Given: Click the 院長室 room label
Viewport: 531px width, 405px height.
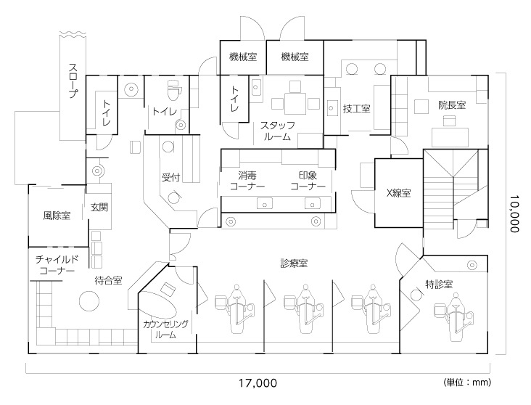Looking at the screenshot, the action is (x=452, y=105).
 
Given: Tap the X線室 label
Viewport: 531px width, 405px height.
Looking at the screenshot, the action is (x=398, y=193).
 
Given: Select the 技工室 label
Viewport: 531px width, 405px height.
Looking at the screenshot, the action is (x=357, y=109).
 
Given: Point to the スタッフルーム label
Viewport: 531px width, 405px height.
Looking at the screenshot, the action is (x=277, y=131).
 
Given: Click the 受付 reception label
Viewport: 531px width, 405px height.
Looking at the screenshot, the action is (x=170, y=177).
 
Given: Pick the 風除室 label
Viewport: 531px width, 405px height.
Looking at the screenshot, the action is (x=57, y=216).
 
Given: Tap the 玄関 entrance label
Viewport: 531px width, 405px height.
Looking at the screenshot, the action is (x=99, y=207).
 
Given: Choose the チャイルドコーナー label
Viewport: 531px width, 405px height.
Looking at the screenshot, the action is (x=57, y=266).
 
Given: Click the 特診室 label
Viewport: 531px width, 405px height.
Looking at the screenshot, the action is (x=439, y=284).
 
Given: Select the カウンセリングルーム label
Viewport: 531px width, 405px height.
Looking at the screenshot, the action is (x=165, y=330).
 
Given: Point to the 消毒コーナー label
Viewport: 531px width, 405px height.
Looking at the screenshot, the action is (x=247, y=181).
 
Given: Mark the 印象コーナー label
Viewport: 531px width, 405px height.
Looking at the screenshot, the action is (x=308, y=181).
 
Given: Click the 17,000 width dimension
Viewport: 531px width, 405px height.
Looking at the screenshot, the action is (x=258, y=383).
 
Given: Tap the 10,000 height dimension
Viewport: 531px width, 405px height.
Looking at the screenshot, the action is (x=514, y=213).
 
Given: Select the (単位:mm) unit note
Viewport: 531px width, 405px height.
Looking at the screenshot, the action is (x=467, y=382).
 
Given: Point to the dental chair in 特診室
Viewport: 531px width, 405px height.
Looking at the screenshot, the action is (x=454, y=318).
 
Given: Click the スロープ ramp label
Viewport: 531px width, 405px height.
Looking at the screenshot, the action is (x=73, y=81).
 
